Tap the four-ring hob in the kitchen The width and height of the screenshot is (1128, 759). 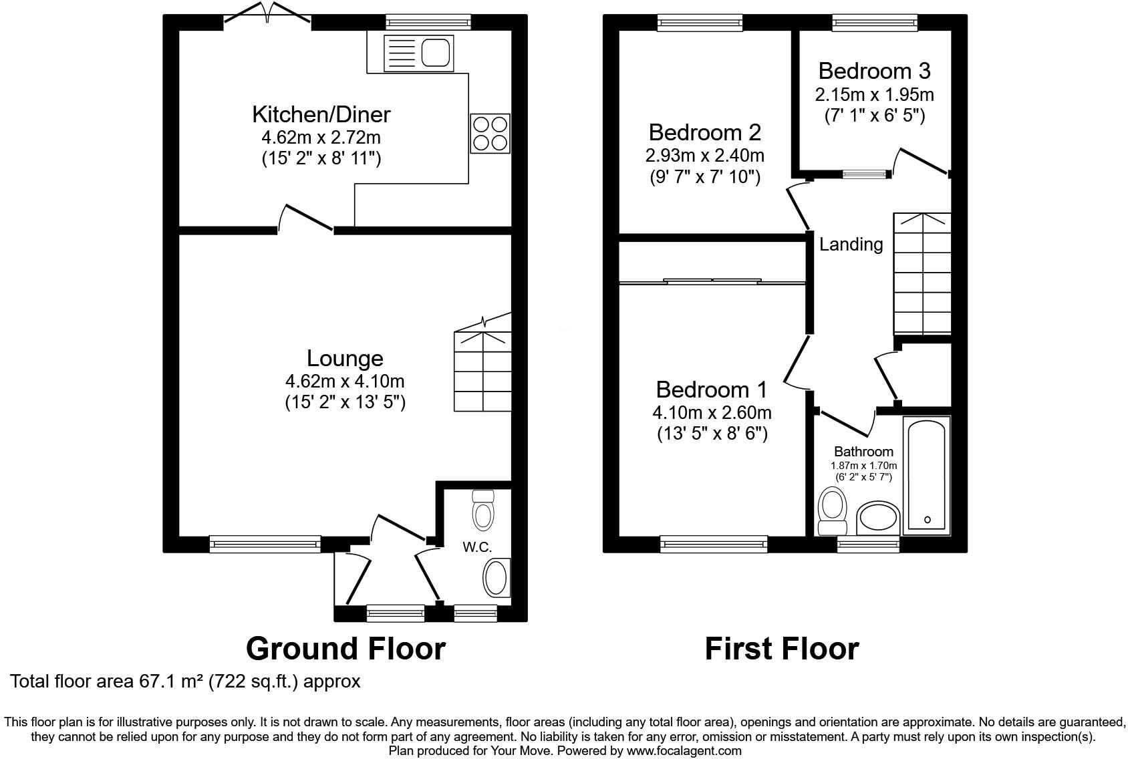[x=490, y=134]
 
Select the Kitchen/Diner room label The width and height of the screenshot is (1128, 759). [x=321, y=114]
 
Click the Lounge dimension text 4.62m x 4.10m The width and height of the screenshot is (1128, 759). [x=345, y=382]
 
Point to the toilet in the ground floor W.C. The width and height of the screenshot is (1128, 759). [x=482, y=510]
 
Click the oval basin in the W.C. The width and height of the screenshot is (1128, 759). [x=497, y=578]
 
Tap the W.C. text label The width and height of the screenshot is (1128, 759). [x=477, y=547]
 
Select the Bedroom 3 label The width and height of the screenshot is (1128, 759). [x=874, y=71]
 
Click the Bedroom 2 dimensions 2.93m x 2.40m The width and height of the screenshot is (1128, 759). [x=705, y=156]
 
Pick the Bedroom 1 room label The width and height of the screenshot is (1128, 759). [x=712, y=390]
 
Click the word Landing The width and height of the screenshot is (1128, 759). [x=851, y=245]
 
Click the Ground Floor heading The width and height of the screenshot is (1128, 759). [x=345, y=648]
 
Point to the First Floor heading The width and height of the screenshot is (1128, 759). [x=781, y=648]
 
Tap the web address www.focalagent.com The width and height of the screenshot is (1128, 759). [x=684, y=750]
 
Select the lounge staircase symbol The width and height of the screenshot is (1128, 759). [x=482, y=371]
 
